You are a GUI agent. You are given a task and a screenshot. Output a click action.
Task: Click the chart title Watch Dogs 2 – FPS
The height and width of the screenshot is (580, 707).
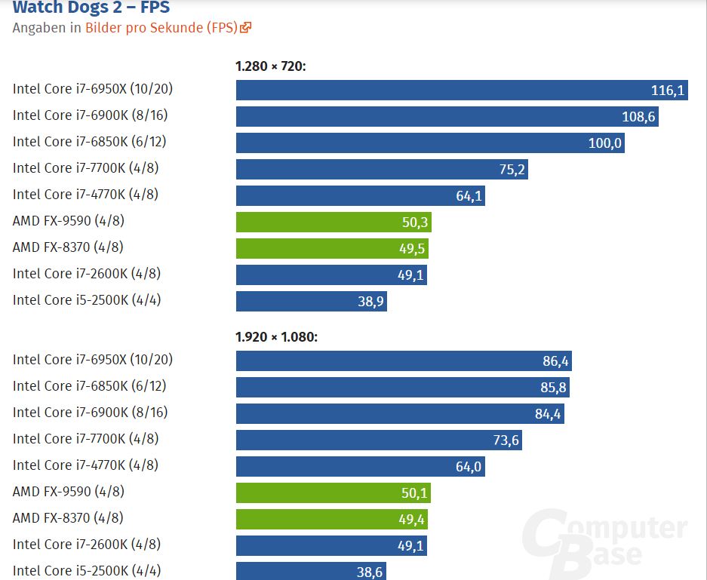[91, 8]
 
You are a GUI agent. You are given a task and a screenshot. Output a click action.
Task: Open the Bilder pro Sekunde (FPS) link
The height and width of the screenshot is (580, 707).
[161, 28]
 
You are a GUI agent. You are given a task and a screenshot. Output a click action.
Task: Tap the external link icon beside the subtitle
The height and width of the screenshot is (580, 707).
[245, 28]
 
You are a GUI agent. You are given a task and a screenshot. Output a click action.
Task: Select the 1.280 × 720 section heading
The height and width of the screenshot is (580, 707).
[270, 66]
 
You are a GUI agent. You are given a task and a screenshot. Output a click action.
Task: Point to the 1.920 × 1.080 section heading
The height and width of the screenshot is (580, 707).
[276, 336]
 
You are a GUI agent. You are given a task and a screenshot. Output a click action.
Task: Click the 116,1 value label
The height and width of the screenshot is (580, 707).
[667, 91]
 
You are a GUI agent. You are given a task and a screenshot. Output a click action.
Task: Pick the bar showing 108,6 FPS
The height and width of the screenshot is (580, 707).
[447, 117]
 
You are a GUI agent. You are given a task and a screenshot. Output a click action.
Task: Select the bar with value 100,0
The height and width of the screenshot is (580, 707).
[429, 143]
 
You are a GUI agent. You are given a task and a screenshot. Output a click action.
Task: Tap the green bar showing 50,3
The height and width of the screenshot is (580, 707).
[334, 222]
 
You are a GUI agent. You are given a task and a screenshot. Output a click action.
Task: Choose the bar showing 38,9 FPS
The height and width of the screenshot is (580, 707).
[311, 302]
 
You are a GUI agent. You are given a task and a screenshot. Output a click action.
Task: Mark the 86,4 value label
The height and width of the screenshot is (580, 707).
[555, 361]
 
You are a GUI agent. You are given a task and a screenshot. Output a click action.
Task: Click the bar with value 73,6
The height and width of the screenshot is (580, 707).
[379, 440]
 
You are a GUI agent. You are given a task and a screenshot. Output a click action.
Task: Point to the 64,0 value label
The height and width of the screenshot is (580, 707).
[468, 467]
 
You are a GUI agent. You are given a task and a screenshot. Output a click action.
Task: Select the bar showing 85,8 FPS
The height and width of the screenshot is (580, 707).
[402, 387]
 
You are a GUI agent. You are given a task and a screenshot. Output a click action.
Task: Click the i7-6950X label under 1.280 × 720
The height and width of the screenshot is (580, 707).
[93, 89]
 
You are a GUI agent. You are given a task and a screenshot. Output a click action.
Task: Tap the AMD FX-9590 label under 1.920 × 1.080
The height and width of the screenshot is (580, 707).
[69, 492]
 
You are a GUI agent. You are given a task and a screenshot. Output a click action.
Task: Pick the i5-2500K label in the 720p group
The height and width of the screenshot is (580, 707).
[87, 300]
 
